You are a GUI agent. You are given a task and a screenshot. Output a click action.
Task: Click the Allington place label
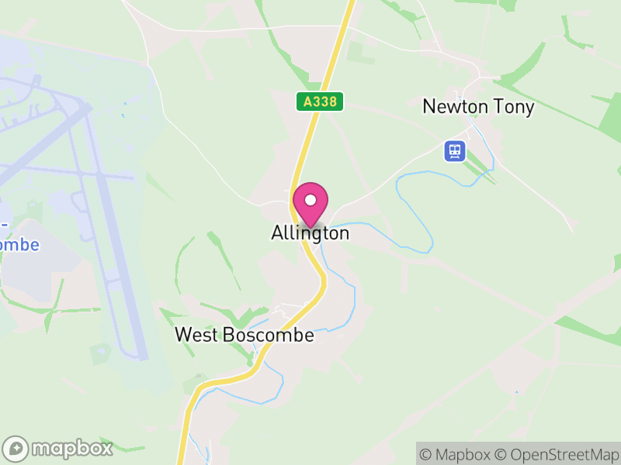tap(310, 232)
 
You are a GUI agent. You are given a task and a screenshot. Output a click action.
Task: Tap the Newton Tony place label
tap(478, 107)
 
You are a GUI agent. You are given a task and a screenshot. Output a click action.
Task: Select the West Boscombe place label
tap(245, 335)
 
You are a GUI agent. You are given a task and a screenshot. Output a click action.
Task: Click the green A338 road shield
tap(320, 102)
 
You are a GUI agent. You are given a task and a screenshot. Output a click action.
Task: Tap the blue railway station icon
tap(454, 150)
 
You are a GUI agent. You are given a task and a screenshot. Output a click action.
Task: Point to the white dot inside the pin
tap(310, 200)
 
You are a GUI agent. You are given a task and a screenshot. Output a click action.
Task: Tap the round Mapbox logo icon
tap(16, 449)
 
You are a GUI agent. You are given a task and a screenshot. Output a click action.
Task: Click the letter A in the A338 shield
tap(307, 102)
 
